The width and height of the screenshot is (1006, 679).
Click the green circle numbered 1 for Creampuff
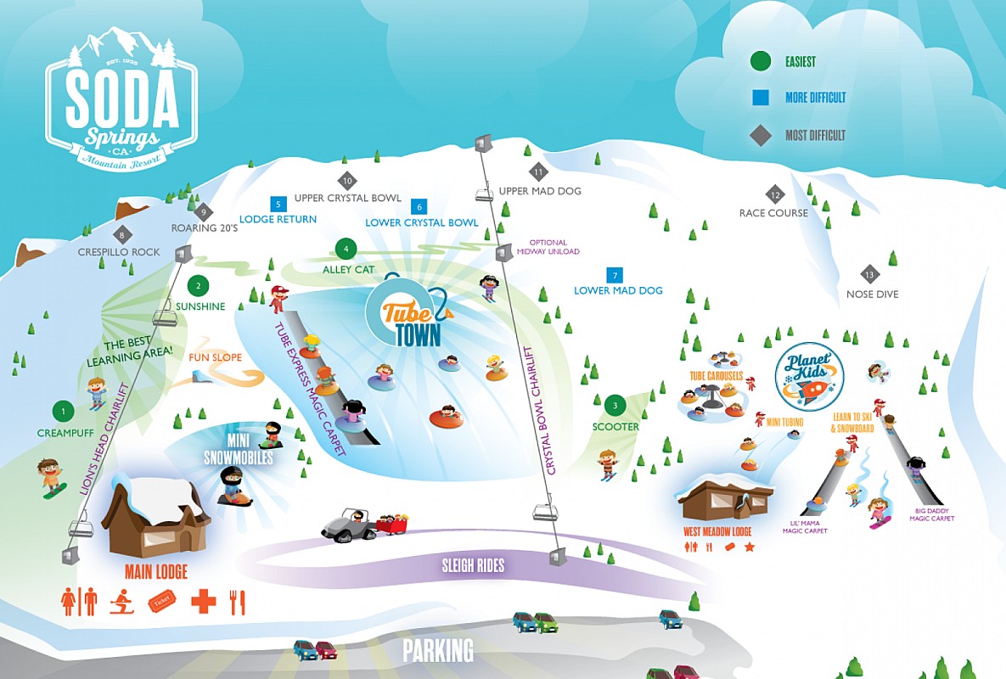coord(62,412)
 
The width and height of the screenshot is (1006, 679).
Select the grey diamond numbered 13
coord(868,274)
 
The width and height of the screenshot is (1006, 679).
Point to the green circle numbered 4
coord(346,249)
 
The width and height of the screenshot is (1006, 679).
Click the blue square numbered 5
coord(277,204)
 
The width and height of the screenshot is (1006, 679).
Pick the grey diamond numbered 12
coord(774,194)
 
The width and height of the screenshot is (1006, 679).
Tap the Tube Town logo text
coord(413,323)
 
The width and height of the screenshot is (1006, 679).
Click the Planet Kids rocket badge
coord(809,377)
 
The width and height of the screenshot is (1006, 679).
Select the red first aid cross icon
coord(203,601)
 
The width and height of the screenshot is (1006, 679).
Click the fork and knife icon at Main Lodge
coord(238,601)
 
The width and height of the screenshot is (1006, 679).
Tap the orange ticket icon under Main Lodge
coord(161,601)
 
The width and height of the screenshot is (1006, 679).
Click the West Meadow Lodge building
coord(727,501)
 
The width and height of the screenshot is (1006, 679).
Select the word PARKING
coord(438,651)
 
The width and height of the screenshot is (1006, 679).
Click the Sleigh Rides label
coord(473,565)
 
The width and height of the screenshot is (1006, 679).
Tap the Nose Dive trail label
coord(872,295)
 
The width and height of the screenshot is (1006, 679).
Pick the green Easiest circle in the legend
coord(760,61)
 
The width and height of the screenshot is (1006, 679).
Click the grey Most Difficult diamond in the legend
coord(760,135)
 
